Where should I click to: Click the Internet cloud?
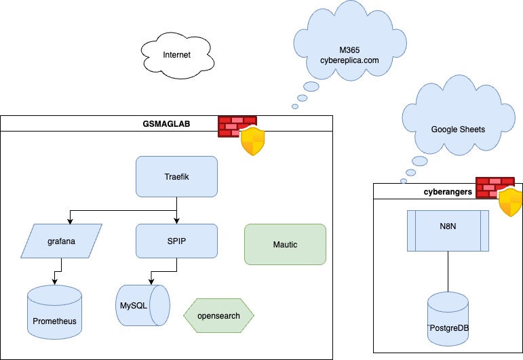click(x=176, y=55)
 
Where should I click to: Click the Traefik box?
click(x=176, y=177)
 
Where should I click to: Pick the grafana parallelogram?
click(x=61, y=241)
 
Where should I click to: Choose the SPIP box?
click(x=176, y=241)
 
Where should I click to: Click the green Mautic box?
click(x=285, y=244)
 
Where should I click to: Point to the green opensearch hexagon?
click(x=218, y=316)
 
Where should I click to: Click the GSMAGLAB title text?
click(x=167, y=123)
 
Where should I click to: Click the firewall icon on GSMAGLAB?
click(x=240, y=134)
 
